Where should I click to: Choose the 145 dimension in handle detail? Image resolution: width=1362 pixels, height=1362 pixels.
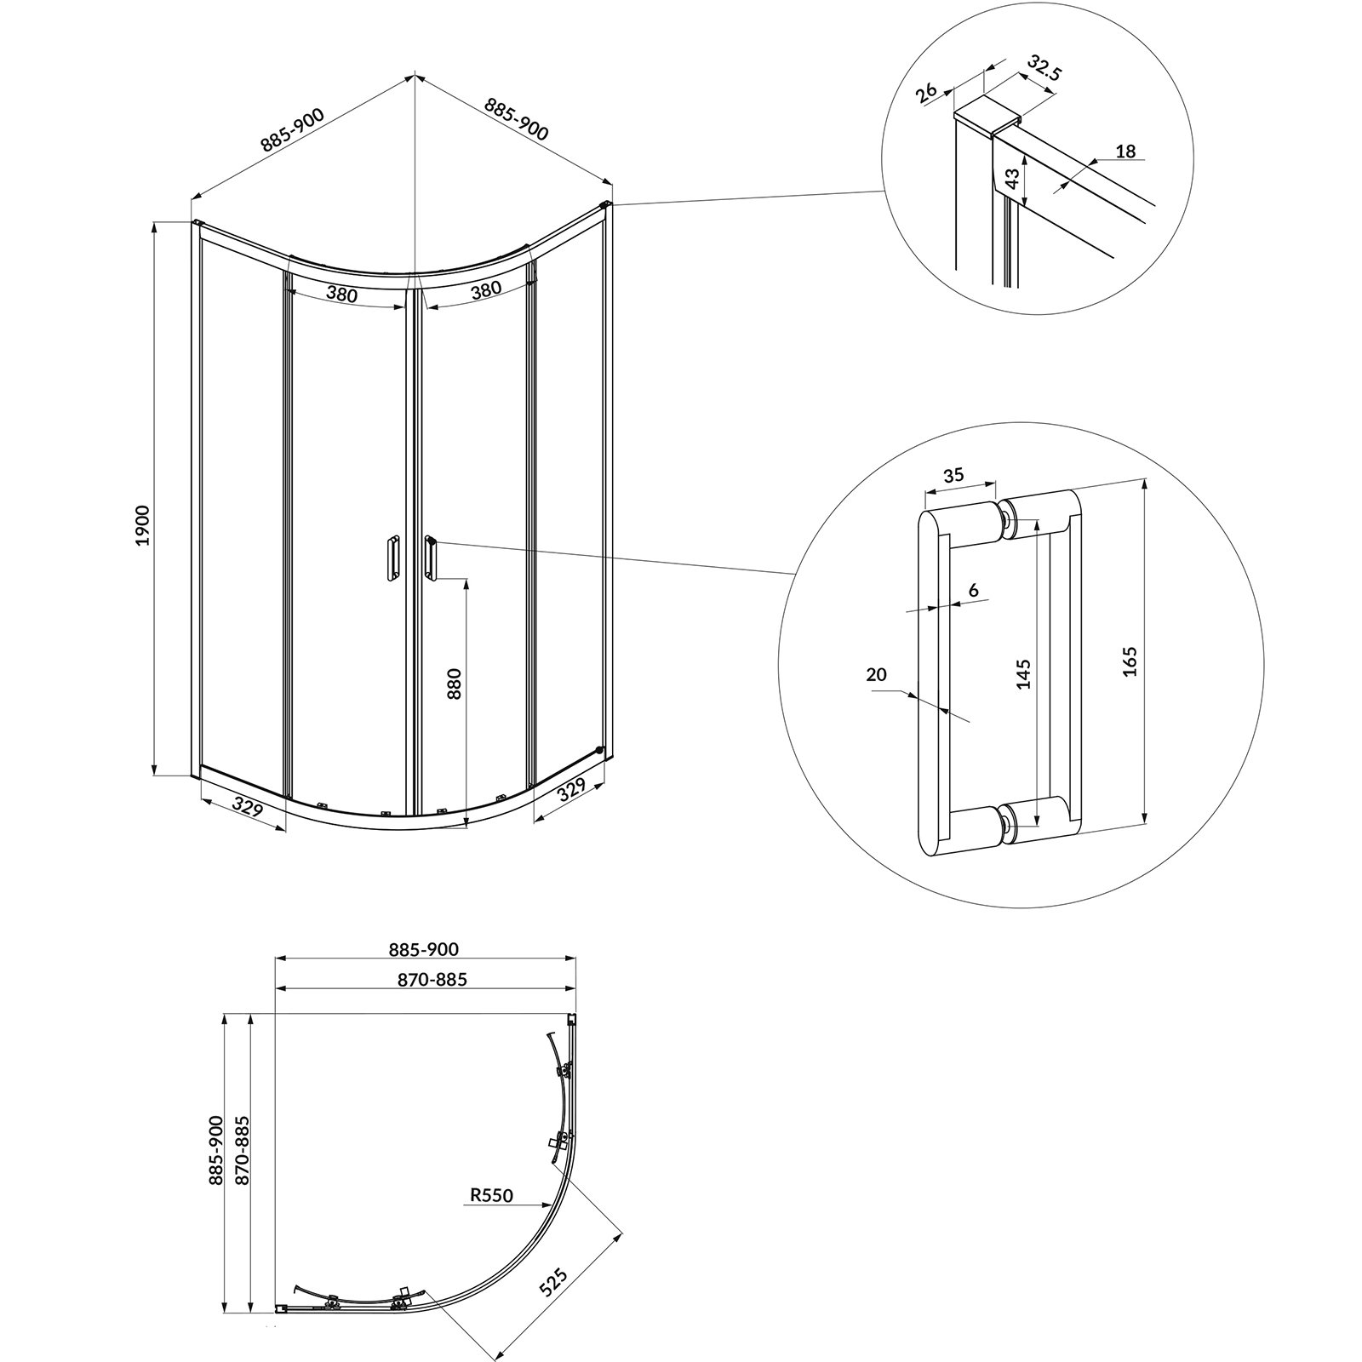1024,673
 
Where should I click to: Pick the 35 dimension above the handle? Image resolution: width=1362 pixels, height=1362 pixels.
953,474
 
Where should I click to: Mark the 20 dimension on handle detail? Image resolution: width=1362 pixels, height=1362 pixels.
876,674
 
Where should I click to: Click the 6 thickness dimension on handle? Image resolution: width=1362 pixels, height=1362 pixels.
974,590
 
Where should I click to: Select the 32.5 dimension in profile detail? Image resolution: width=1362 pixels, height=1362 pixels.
1044,68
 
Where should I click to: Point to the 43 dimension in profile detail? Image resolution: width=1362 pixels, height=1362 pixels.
1012,179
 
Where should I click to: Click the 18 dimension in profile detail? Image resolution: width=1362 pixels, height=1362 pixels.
1125,152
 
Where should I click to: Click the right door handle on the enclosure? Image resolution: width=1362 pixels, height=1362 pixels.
431,558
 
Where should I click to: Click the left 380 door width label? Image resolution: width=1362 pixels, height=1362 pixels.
341,295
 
